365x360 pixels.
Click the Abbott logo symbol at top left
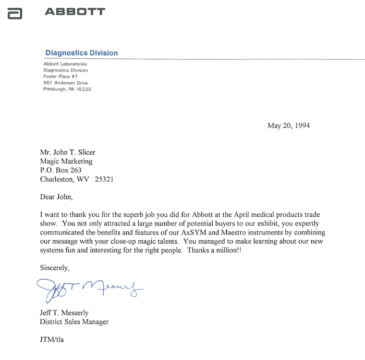pos(15,14)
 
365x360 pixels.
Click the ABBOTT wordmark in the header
pos(75,11)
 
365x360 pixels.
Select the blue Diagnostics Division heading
pos(81,53)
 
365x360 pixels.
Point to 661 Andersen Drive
pos(66,83)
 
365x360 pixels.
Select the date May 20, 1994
pos(288,126)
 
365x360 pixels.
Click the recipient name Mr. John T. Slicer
pos(68,152)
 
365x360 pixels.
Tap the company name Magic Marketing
pos(66,161)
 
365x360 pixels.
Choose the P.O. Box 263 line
pos(60,170)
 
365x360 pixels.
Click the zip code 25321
pos(104,179)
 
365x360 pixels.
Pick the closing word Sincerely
pos(54,268)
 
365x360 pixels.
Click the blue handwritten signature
pos(89,288)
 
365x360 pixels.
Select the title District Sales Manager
pos(74,322)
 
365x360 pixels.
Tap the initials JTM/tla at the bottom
pos(52,340)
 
